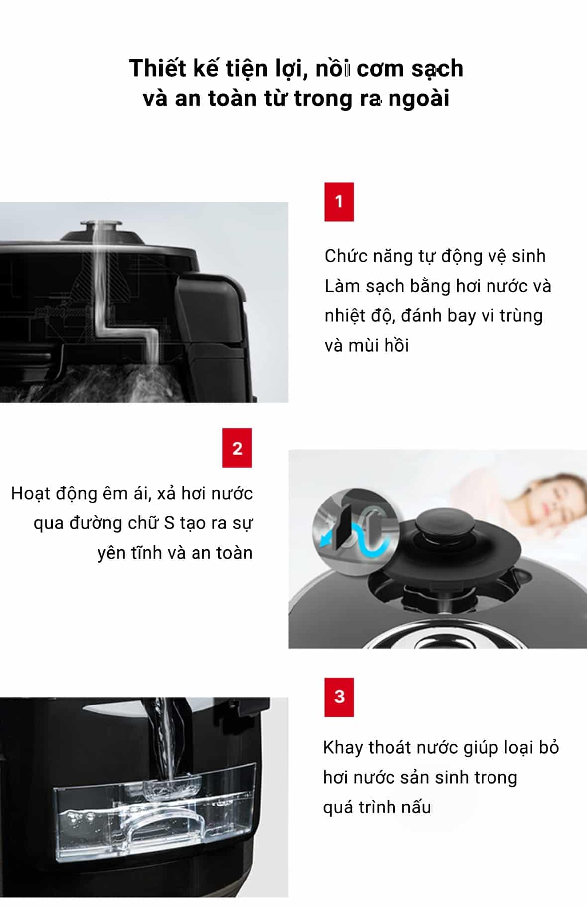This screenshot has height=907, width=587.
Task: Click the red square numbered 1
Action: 339,202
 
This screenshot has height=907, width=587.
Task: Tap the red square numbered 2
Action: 237,448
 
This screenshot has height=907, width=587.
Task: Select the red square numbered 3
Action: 339,697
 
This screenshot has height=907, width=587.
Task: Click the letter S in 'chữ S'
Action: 169,523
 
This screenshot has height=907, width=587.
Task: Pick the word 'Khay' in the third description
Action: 343,748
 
